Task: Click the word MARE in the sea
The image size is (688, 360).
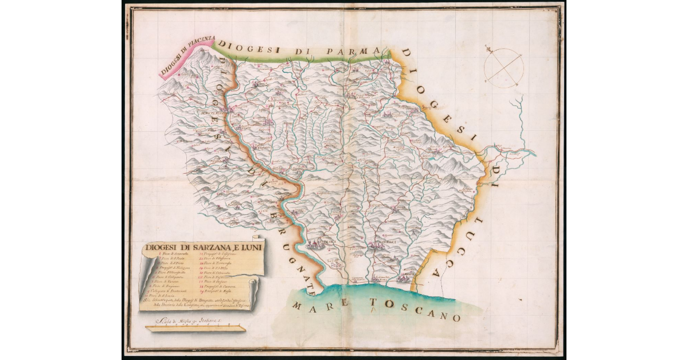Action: pos(318,304)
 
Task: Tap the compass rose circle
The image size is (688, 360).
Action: pos(503,67)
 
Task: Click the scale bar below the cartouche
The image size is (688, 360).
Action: pos(196,329)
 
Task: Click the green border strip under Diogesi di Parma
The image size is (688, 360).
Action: pos(304,56)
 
